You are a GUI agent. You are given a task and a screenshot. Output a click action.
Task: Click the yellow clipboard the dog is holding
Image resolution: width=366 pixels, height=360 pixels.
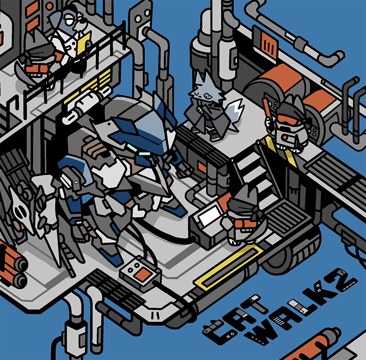pyautogui.click(x=83, y=44)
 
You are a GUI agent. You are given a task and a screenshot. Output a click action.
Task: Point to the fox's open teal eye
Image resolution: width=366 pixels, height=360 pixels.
pyautogui.click(x=207, y=96)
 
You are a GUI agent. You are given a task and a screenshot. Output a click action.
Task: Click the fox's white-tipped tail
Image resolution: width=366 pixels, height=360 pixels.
pyautogui.click(x=235, y=113)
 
